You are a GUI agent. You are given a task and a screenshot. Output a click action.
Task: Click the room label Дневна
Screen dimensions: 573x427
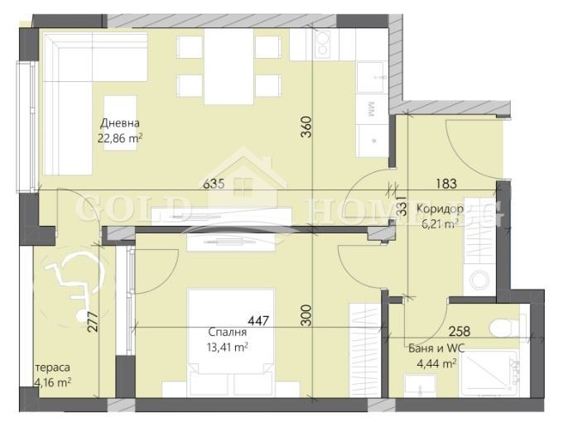[120, 123]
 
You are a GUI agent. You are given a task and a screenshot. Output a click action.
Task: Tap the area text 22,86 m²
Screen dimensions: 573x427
[120, 138]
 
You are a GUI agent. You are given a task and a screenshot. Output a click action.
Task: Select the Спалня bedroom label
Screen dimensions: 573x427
[228, 332]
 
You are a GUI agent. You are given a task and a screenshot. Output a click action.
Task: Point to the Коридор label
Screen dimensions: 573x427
[440, 209]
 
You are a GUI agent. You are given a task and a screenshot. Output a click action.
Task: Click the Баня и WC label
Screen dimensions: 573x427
[436, 348]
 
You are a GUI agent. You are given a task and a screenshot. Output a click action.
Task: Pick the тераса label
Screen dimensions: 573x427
[53, 367]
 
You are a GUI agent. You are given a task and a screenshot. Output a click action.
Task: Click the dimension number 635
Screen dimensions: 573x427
[214, 183]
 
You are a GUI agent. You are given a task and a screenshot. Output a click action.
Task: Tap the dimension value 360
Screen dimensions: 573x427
[306, 127]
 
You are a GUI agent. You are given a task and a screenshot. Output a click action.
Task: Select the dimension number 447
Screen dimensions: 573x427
[258, 321]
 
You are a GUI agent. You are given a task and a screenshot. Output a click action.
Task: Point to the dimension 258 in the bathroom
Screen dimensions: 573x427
[460, 331]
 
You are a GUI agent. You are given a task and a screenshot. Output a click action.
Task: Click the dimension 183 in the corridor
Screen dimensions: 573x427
[446, 184]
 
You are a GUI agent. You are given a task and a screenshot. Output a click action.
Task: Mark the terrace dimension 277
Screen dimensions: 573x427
[93, 321]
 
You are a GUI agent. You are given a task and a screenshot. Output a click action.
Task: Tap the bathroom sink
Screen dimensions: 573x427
[421, 385]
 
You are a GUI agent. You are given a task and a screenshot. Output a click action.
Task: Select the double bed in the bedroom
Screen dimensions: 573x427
[231, 343]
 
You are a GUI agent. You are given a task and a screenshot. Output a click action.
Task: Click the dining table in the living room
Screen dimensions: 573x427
[229, 66]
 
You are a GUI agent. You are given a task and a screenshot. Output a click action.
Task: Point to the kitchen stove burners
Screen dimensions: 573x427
[323, 44]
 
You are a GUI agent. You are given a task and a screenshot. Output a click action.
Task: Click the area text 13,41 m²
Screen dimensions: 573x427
[228, 347]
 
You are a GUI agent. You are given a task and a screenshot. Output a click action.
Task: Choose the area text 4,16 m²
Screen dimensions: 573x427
[53, 383]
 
